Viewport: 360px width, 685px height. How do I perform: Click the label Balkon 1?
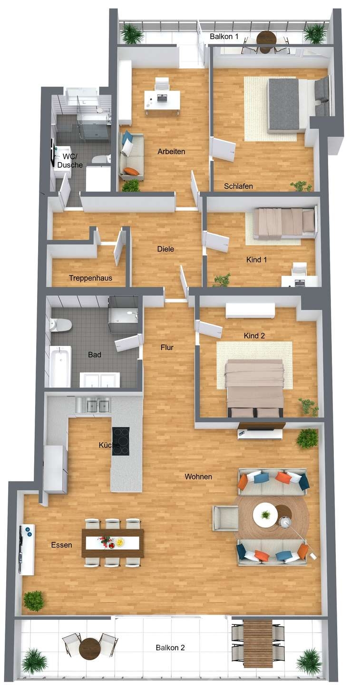tap(224, 36)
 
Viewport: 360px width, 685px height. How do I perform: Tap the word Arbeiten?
tap(171, 152)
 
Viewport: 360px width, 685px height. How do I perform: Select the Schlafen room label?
tap(239, 186)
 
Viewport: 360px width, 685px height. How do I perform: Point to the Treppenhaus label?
tap(90, 278)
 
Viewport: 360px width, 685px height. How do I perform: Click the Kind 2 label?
tap(254, 336)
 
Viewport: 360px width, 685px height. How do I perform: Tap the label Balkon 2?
tap(170, 647)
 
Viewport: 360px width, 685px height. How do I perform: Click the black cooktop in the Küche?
tap(120, 441)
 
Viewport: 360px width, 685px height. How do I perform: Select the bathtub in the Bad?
tap(60, 366)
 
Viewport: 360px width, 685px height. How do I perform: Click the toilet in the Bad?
tap(60, 325)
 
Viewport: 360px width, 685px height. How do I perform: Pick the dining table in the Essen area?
tap(112, 543)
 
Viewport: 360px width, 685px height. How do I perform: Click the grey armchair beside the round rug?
tap(225, 518)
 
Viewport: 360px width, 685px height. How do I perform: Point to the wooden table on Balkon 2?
tap(257, 643)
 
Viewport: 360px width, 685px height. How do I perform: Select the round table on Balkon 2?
tap(90, 648)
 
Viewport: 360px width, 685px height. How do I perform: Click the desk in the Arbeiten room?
tap(162, 99)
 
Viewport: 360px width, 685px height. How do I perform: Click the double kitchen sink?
tap(93, 405)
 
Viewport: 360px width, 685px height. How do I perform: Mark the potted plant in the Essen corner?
tap(34, 601)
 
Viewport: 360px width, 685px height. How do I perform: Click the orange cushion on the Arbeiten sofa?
tap(131, 171)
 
